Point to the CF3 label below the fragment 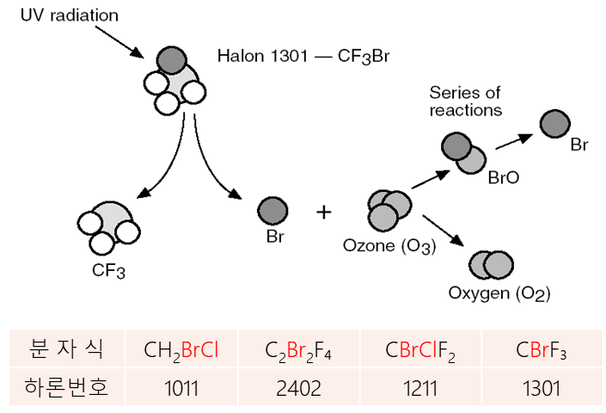108,273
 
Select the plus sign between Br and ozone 324,212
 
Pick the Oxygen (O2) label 499,294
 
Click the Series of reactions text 465,102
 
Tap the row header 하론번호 66,388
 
